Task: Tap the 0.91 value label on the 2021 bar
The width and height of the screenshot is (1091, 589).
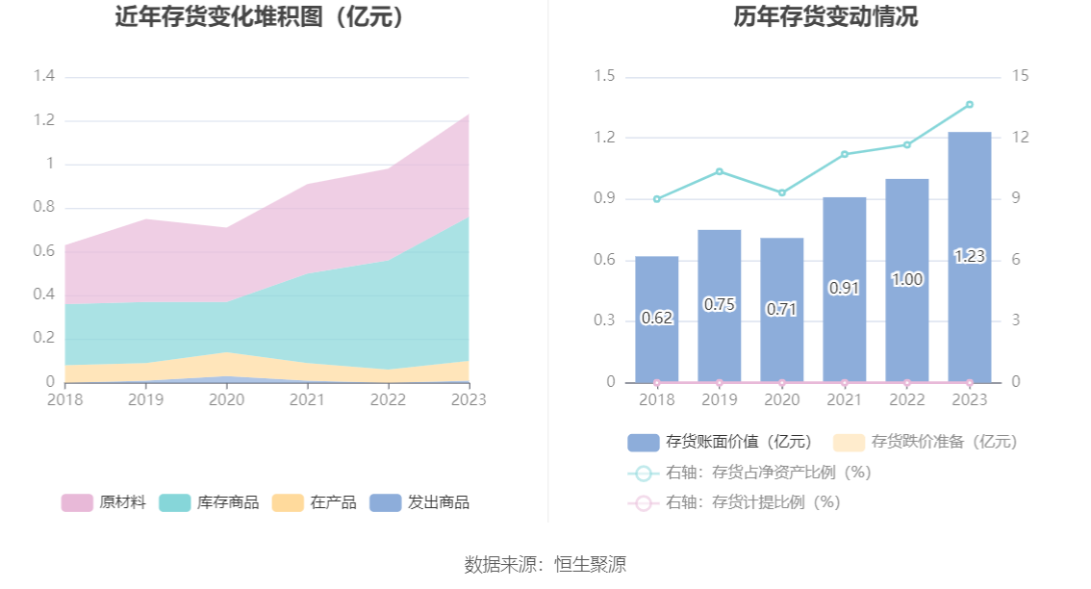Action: (x=844, y=288)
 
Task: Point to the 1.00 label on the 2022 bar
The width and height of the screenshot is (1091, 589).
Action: (x=906, y=280)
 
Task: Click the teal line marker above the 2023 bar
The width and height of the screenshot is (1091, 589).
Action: (x=969, y=104)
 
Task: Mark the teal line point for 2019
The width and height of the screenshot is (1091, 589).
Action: (x=719, y=171)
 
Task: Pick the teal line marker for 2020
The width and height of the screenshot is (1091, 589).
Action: (x=781, y=192)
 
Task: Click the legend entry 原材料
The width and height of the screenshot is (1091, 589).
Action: (x=104, y=502)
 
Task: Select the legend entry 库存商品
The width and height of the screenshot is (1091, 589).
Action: (x=212, y=502)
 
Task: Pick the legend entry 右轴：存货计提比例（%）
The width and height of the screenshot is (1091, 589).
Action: (x=736, y=502)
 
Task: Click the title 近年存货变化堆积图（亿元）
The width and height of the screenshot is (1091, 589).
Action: (x=260, y=17)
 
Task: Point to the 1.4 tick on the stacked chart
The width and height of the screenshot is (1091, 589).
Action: (x=43, y=77)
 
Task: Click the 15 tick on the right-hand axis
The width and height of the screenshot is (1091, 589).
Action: (x=1021, y=77)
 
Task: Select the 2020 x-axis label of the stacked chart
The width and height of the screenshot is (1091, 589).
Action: (x=226, y=399)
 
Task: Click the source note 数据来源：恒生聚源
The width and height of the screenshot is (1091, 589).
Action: (x=545, y=565)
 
